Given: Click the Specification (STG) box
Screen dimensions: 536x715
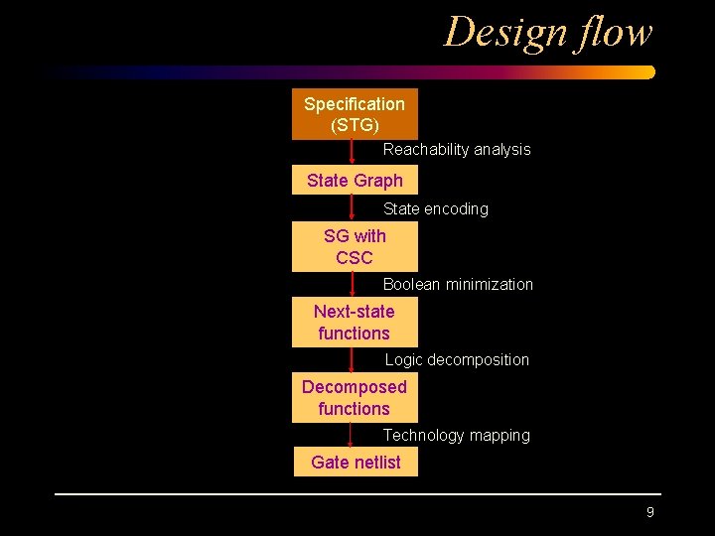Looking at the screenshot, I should click(x=355, y=114).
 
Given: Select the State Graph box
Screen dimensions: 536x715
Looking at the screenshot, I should click(x=355, y=181).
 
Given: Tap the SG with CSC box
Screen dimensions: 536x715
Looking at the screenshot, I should click(x=355, y=247).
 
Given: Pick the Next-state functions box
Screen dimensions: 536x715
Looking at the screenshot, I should click(x=355, y=323).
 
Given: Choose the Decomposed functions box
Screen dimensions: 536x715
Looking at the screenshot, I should click(x=355, y=398).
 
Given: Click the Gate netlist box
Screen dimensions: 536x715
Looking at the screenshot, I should click(x=356, y=463).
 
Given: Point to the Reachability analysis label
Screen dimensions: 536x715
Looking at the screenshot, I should click(x=457, y=150).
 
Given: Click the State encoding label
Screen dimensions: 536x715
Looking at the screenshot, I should click(x=436, y=209).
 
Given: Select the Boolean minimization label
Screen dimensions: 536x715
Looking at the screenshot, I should click(x=458, y=285).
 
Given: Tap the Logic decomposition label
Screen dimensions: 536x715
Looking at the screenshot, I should click(x=457, y=360).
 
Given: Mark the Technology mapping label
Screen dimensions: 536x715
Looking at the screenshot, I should click(x=457, y=436).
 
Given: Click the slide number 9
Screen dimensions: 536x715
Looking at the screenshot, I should click(x=650, y=512).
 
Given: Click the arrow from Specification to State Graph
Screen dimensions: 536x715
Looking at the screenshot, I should click(x=353, y=152).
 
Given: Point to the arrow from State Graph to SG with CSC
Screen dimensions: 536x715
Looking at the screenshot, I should click(x=353, y=208).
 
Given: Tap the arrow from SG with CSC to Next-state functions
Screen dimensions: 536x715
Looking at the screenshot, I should click(x=353, y=284).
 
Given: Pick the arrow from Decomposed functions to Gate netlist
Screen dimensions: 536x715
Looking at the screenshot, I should click(x=351, y=436).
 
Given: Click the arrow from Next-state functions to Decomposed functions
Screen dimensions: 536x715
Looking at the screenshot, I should click(x=352, y=359).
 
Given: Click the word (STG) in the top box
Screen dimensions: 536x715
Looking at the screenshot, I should click(x=355, y=126).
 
